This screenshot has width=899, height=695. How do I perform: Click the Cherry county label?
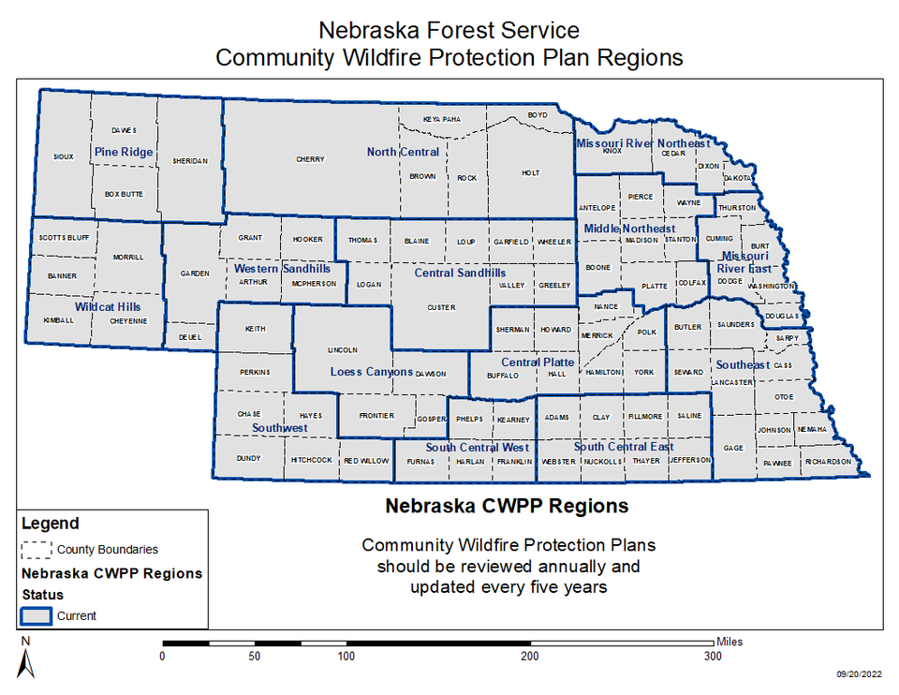click(x=310, y=159)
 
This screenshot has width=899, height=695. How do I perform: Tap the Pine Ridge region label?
click(x=124, y=152)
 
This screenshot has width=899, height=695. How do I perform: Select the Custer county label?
click(x=441, y=307)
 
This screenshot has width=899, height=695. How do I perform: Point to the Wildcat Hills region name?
click(x=108, y=306)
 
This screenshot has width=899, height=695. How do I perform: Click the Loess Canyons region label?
click(x=372, y=372)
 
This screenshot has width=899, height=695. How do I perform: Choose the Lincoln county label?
click(x=343, y=350)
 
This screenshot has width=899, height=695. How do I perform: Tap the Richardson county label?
click(x=828, y=462)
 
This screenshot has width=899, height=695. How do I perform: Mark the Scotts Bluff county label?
click(x=64, y=238)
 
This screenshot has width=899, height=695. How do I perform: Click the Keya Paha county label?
click(x=442, y=119)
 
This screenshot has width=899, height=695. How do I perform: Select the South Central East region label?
click(x=624, y=447)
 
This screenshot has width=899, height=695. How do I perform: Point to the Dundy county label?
click(x=249, y=458)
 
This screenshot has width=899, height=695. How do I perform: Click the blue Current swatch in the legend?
click(x=36, y=615)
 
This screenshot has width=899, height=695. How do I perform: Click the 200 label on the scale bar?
click(x=530, y=657)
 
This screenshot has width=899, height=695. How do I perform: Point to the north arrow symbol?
click(x=26, y=661)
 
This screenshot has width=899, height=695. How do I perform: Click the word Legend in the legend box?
click(x=50, y=524)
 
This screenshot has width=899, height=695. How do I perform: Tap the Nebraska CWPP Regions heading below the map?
click(x=507, y=507)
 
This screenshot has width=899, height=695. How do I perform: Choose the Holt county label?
click(x=530, y=173)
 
